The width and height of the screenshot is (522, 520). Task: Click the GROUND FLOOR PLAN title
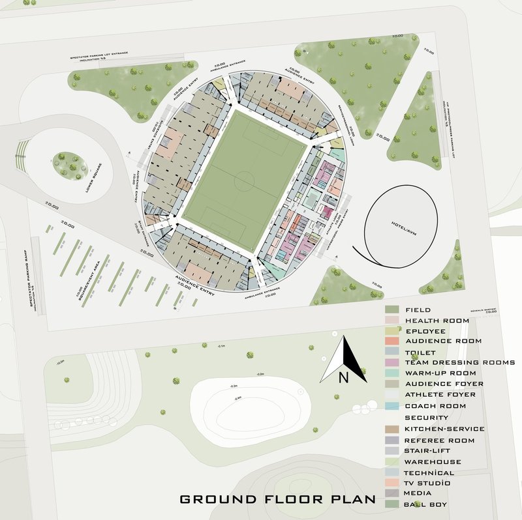(x=277, y=500)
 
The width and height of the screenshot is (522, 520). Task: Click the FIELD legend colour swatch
(x=391, y=310)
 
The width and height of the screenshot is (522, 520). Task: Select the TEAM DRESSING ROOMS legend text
(x=460, y=362)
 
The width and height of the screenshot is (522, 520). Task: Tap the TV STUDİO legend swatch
(x=391, y=483)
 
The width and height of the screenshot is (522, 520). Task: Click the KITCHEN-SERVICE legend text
(x=444, y=429)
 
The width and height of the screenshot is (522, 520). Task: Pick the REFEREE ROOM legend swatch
(x=391, y=441)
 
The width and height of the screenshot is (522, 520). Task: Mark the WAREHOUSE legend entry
(x=433, y=461)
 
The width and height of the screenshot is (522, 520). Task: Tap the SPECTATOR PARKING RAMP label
(x=31, y=280)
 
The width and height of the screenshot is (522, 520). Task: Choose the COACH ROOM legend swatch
(x=391, y=405)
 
